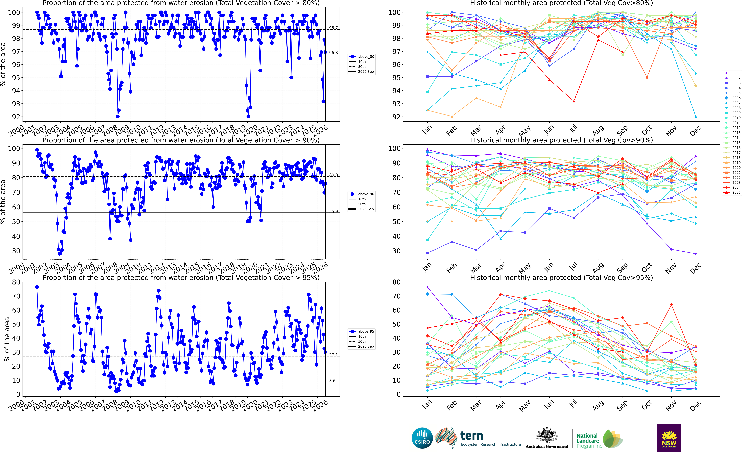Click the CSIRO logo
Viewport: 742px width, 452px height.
[422, 438]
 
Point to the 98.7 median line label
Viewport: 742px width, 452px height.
[333, 28]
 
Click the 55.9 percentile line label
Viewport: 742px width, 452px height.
[333, 211]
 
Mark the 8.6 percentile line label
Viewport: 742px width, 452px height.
[332, 381]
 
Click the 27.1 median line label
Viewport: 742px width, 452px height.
[333, 355]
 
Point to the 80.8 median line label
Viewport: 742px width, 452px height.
[333, 175]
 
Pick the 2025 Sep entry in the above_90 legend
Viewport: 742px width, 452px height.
[366, 209]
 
